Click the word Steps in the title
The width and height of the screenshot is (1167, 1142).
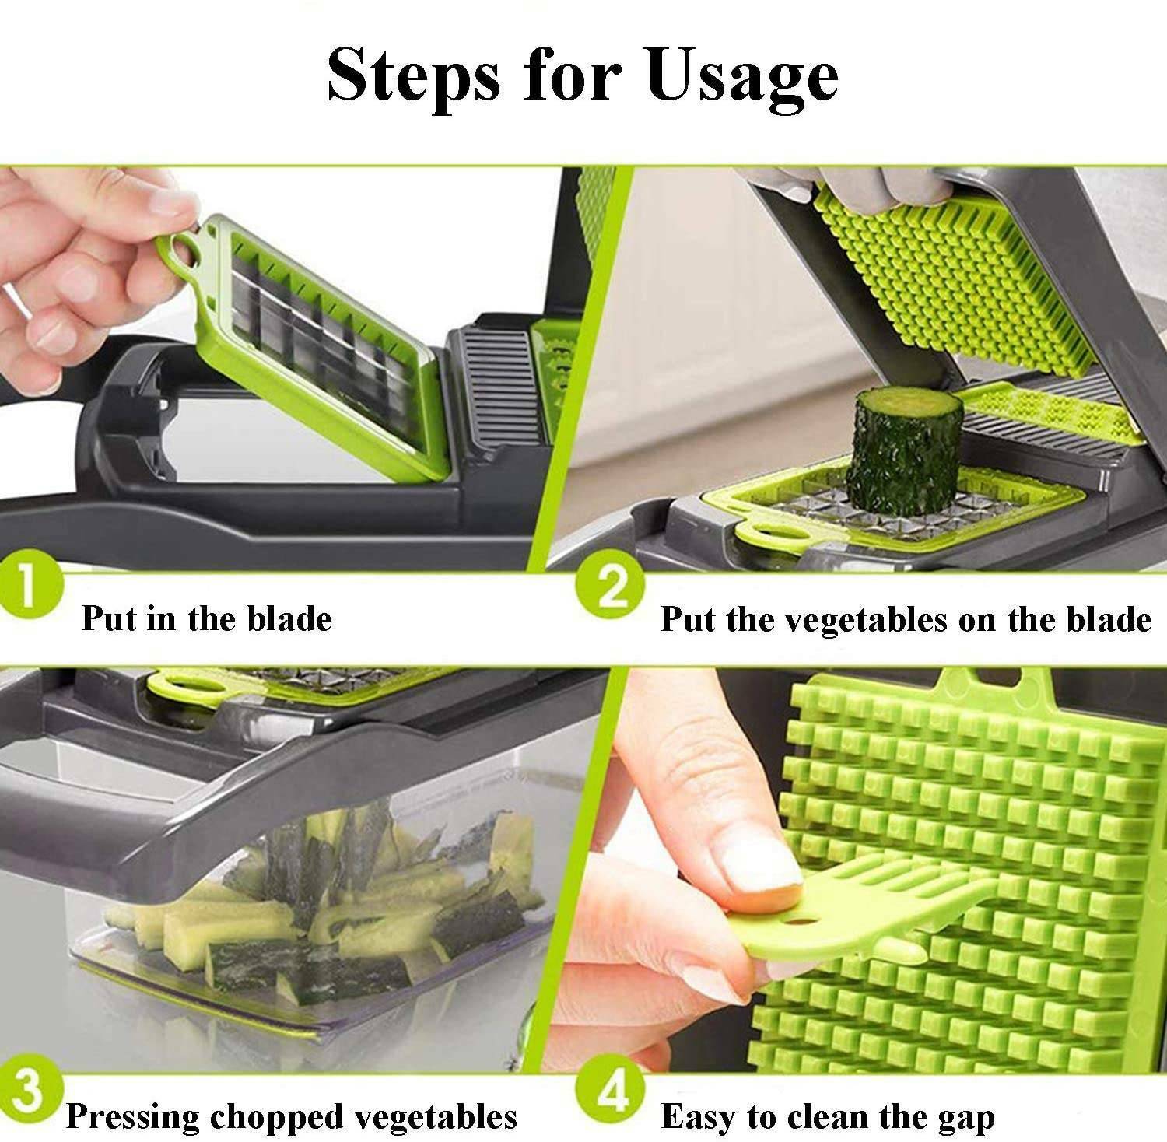[412, 75]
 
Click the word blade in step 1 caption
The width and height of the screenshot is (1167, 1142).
[290, 619]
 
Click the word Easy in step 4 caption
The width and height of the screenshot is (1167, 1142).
[699, 1118]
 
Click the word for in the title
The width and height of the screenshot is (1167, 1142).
[574, 75]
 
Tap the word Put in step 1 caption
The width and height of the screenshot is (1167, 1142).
[109, 619]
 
